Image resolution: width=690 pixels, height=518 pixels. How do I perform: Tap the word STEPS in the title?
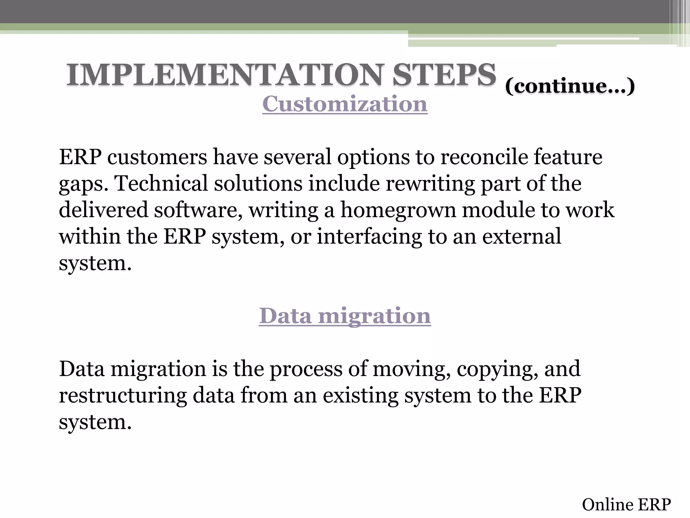pyautogui.click(x=444, y=75)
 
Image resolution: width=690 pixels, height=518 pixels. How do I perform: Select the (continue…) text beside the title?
pyautogui.click(x=570, y=86)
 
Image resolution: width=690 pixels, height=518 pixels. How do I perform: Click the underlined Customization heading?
pyautogui.click(x=345, y=104)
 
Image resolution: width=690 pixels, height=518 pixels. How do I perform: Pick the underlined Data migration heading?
pyautogui.click(x=345, y=316)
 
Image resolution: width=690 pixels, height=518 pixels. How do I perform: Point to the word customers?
pyautogui.click(x=157, y=157)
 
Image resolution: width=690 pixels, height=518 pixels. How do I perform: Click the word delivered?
pyautogui.click(x=103, y=210)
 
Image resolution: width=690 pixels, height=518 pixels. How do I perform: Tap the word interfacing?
pyautogui.click(x=369, y=237)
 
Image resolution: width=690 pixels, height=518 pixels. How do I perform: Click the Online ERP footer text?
pyautogui.click(x=626, y=505)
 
